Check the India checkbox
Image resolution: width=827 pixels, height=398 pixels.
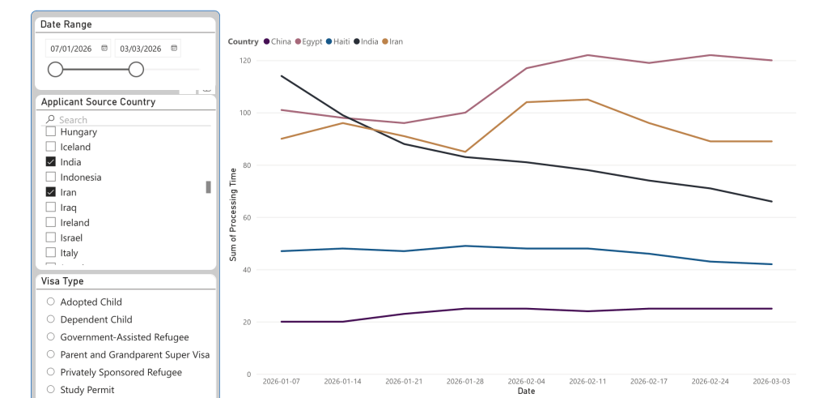pyautogui.click(x=51, y=162)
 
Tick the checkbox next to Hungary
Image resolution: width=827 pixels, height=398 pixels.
pyautogui.click(x=51, y=132)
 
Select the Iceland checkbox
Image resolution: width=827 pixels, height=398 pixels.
pyautogui.click(x=51, y=147)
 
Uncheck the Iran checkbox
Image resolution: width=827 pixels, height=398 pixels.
pyautogui.click(x=51, y=193)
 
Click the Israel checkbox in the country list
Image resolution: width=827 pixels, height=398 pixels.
pyautogui.click(x=51, y=238)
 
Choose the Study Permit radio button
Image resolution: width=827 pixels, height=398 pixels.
pyautogui.click(x=51, y=390)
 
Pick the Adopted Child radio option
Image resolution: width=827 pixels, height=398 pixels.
pyautogui.click(x=51, y=302)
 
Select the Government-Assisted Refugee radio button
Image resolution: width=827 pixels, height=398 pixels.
pyautogui.click(x=51, y=337)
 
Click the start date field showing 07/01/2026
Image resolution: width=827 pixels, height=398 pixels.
pyautogui.click(x=73, y=49)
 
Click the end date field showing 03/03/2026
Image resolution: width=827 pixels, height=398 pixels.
pyautogui.click(x=141, y=49)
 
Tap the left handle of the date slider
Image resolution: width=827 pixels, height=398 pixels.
pyautogui.click(x=55, y=70)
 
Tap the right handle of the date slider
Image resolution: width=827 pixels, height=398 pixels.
pyautogui.click(x=136, y=70)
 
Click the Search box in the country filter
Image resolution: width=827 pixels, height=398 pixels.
pyautogui.click(x=129, y=120)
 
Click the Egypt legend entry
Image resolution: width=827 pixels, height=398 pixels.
pyautogui.click(x=309, y=41)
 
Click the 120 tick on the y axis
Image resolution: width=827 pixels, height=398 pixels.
pyautogui.click(x=245, y=61)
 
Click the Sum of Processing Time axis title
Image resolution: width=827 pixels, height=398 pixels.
pyautogui.click(x=233, y=214)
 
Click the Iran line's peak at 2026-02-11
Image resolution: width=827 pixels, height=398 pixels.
pyautogui.click(x=587, y=100)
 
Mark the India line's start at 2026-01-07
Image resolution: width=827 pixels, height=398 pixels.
pyautogui.click(x=280, y=76)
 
